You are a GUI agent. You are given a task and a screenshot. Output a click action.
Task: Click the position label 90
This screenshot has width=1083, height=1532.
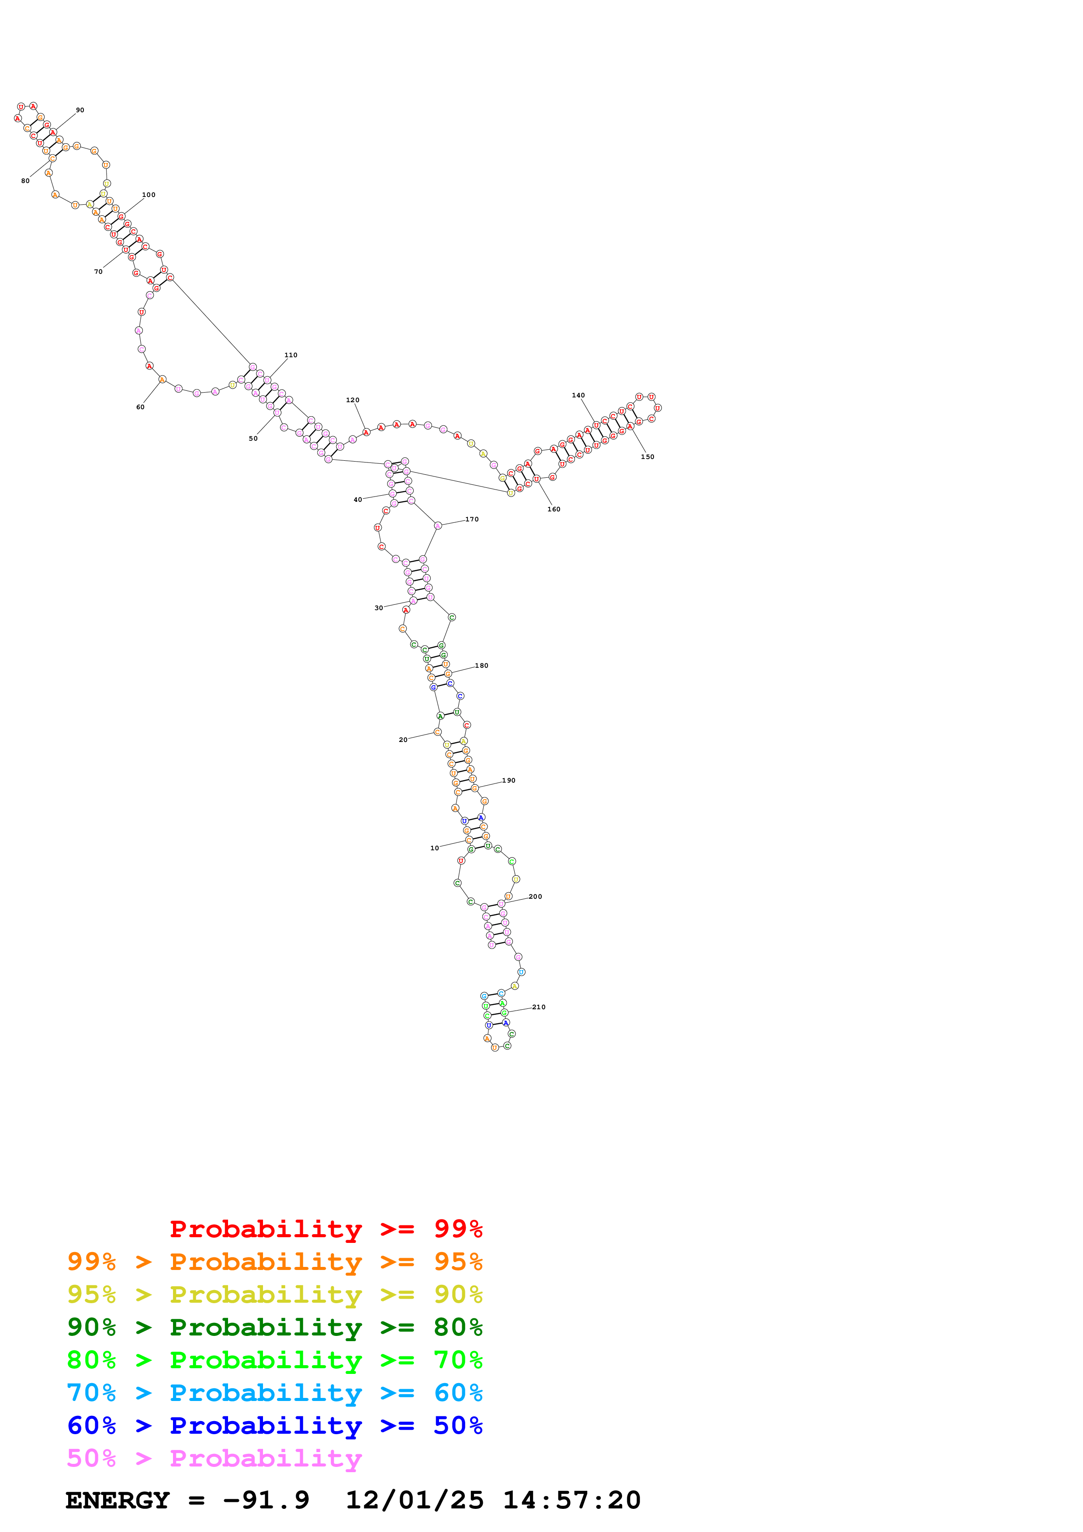(x=80, y=110)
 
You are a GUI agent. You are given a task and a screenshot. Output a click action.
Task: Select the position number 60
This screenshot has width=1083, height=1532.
(x=140, y=407)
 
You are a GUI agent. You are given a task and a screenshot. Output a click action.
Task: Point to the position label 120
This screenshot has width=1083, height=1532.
(x=352, y=400)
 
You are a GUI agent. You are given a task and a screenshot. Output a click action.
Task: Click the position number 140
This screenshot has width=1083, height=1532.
(x=578, y=396)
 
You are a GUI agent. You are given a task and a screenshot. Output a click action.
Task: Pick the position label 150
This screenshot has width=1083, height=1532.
(x=647, y=457)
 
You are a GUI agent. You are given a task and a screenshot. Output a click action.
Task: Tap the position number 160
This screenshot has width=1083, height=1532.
(x=554, y=509)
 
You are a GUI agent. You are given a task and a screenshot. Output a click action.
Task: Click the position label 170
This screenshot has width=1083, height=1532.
(x=472, y=519)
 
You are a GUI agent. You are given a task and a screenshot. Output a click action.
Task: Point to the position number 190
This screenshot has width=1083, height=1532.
(x=509, y=781)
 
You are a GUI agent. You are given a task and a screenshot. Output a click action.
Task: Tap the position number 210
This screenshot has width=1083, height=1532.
(x=539, y=1008)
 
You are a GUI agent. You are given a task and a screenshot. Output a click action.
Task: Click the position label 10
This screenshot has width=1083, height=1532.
(x=434, y=848)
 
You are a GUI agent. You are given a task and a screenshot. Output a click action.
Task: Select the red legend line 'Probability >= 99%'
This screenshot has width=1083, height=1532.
(x=325, y=1229)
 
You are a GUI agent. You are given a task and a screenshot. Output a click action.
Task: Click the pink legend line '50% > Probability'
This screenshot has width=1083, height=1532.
(x=214, y=1459)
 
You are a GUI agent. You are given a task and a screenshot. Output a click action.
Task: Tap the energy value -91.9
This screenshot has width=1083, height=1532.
(x=266, y=1501)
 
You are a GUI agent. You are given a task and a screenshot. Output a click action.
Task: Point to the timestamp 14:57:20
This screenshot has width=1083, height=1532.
(x=571, y=1501)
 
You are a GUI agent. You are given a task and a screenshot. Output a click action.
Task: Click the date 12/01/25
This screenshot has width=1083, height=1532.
(x=415, y=1501)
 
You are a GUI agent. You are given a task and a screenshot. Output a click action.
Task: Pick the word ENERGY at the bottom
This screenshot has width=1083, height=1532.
(x=118, y=1501)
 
